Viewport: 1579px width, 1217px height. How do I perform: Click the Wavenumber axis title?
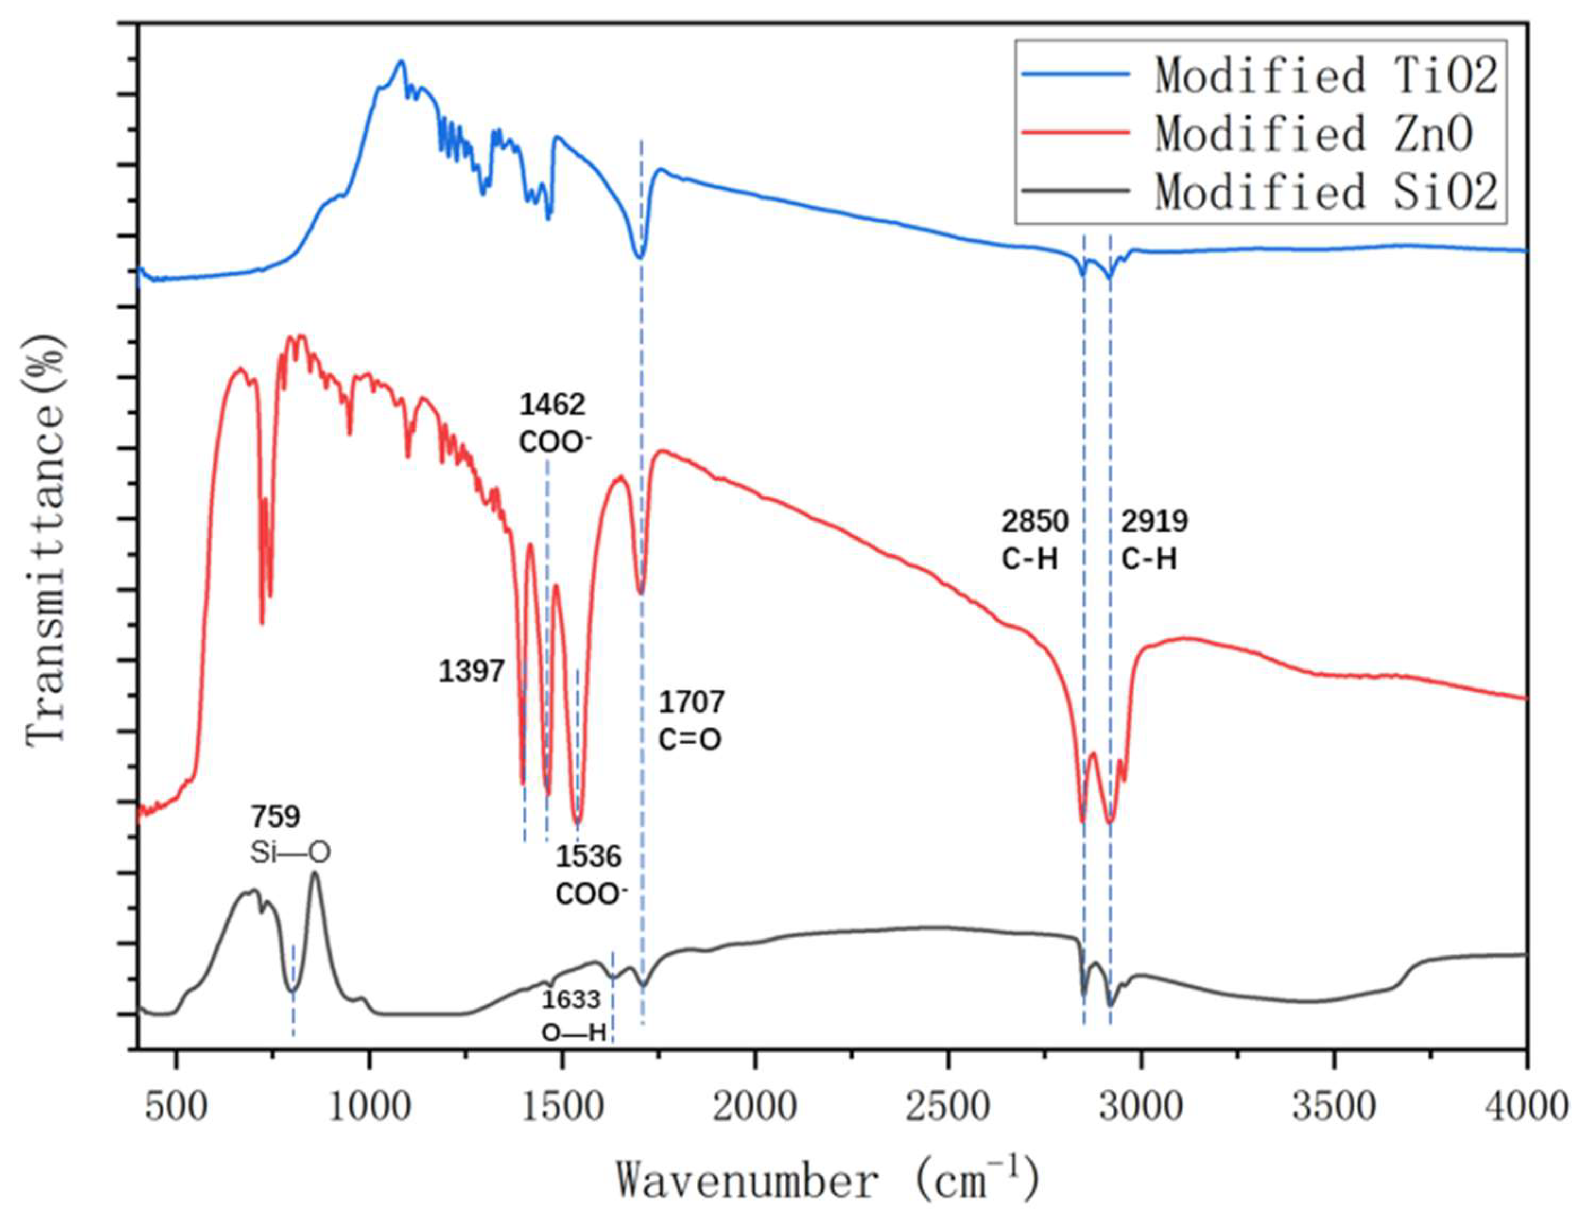click(x=827, y=1181)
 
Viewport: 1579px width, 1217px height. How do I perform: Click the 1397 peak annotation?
click(x=471, y=672)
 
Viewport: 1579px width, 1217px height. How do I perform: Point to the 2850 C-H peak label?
click(x=1035, y=540)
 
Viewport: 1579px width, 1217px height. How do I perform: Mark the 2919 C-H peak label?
click(x=1155, y=540)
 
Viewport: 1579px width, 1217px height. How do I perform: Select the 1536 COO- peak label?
click(x=589, y=875)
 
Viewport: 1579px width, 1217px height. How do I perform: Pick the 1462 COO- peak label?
click(x=552, y=423)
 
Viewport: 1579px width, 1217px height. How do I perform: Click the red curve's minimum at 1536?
click(x=577, y=822)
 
